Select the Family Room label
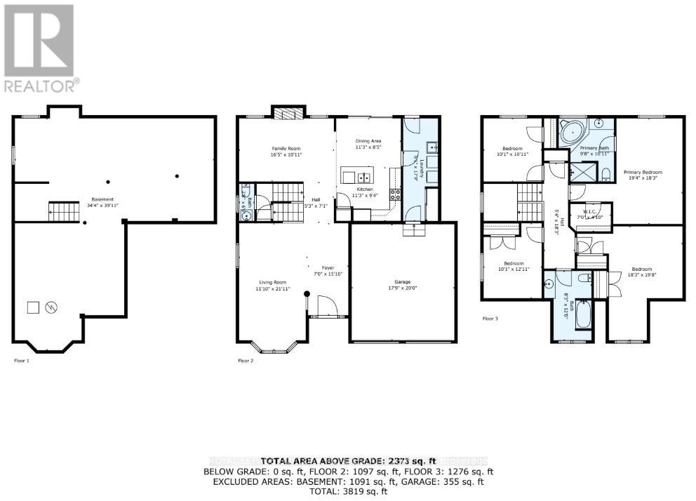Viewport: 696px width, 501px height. coord(286,151)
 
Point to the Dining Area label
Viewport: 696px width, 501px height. coord(368,143)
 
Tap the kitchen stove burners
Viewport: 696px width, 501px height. coord(396,194)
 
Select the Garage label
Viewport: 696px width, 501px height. coord(403,284)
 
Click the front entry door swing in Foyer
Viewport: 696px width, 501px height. coord(326,306)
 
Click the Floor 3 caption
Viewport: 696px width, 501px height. coord(490,319)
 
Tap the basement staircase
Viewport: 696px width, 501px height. coord(60,208)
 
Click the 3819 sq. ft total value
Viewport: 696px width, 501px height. coord(362,493)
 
